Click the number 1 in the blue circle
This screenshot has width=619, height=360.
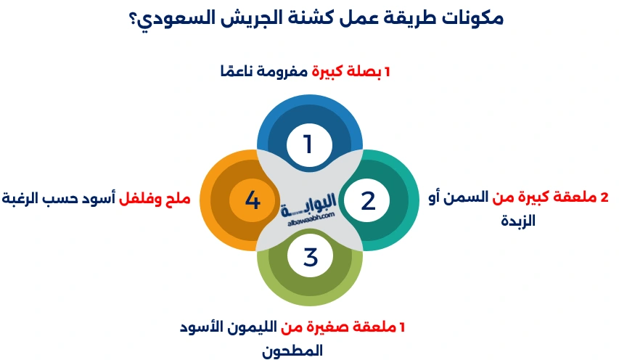tap(308, 144)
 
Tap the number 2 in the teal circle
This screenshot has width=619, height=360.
tap(368, 200)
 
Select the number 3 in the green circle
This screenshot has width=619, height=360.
tap(310, 256)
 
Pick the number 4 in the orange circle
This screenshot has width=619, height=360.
tap(252, 200)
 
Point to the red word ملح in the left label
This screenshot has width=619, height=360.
tap(180, 197)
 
